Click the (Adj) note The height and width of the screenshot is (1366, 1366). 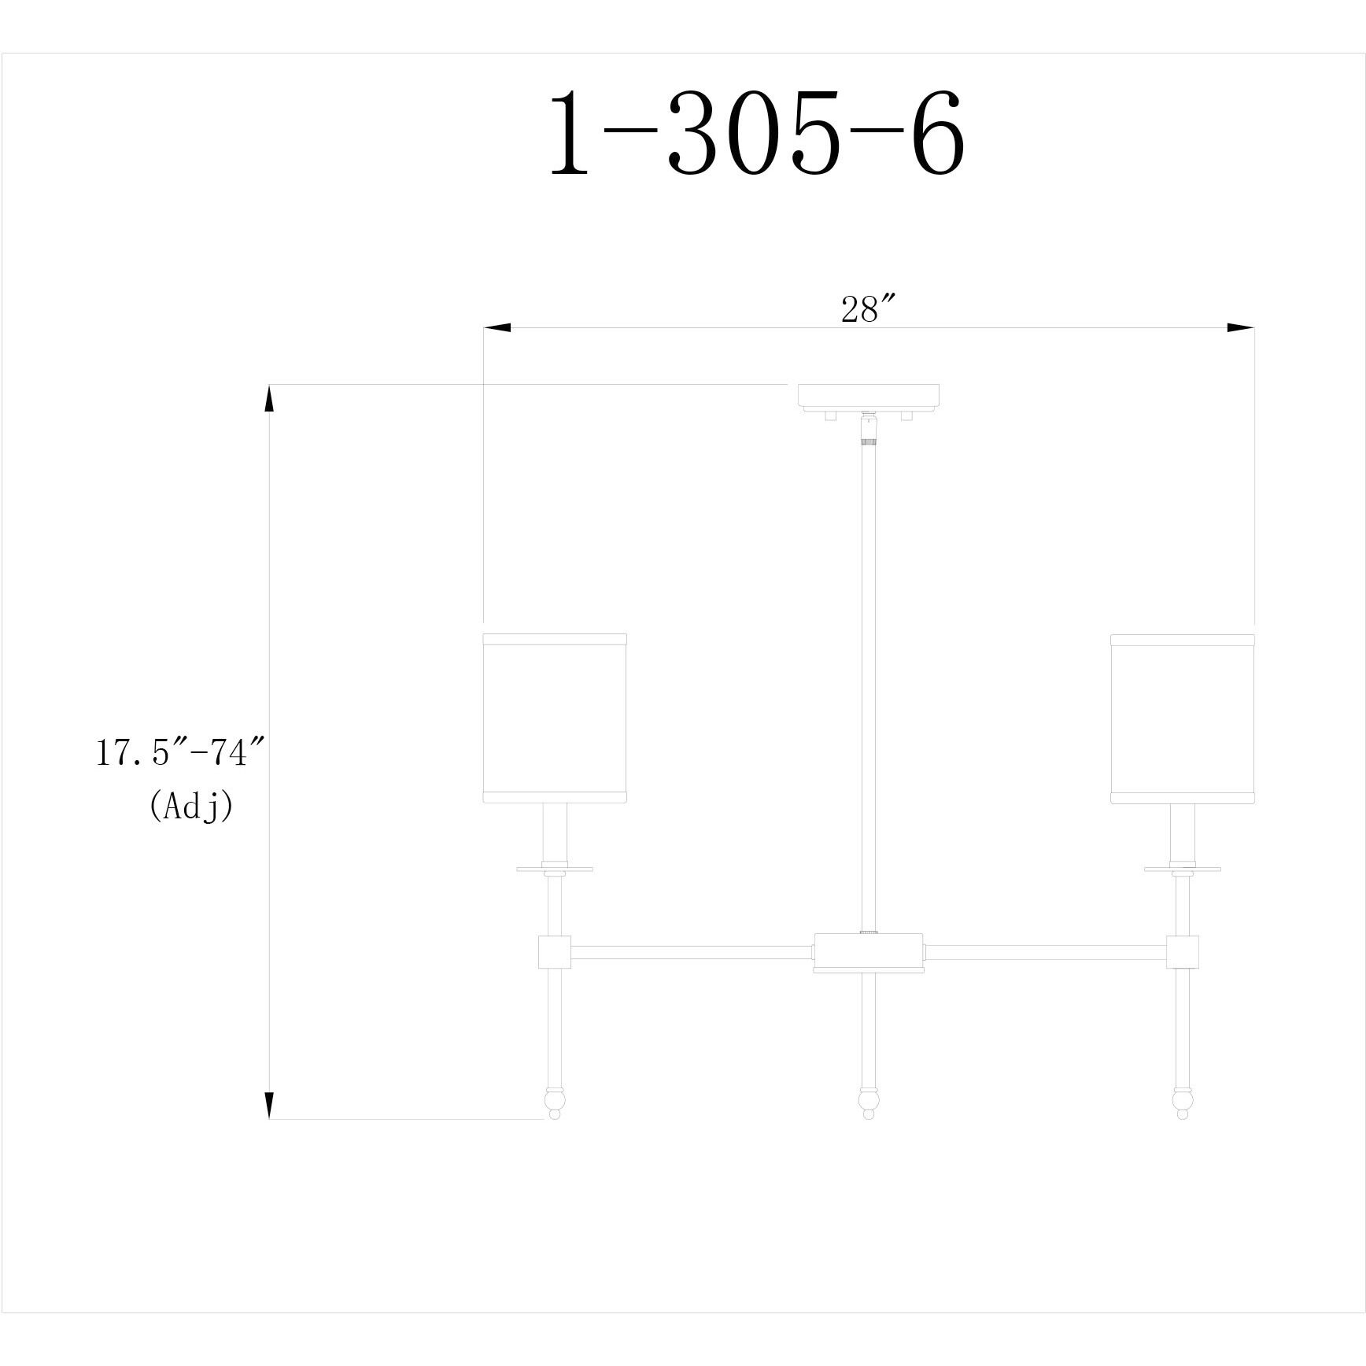pyautogui.click(x=191, y=806)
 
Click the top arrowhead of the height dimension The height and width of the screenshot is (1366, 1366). pyautogui.click(x=269, y=398)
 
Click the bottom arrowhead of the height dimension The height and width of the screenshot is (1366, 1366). pyautogui.click(x=269, y=1105)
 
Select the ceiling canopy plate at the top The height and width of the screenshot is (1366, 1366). pyautogui.click(x=869, y=396)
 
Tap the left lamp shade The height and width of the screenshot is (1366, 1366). pyautogui.click(x=554, y=717)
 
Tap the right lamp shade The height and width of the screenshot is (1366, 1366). pyautogui.click(x=1182, y=717)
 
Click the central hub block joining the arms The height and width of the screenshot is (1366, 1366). pyautogui.click(x=869, y=951)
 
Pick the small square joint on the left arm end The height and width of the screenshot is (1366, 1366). pyautogui.click(x=554, y=951)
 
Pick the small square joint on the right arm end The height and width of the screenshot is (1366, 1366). pyautogui.click(x=1182, y=951)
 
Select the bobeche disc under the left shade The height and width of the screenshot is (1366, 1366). pyautogui.click(x=555, y=869)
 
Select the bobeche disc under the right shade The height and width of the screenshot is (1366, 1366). pyautogui.click(x=1182, y=869)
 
